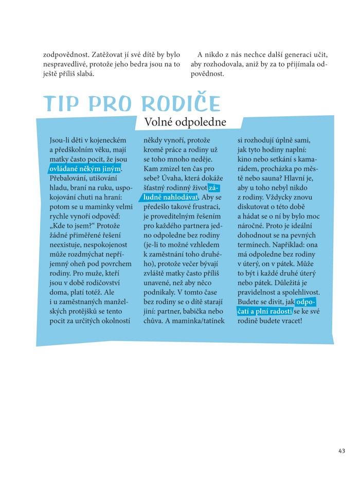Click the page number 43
(342, 451)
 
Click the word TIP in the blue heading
(64, 104)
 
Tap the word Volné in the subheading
(160, 122)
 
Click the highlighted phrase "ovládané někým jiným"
(85, 169)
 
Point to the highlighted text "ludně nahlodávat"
(168, 197)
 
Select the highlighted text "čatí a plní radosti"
(264, 311)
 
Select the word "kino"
(245, 159)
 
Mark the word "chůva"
(154, 320)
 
